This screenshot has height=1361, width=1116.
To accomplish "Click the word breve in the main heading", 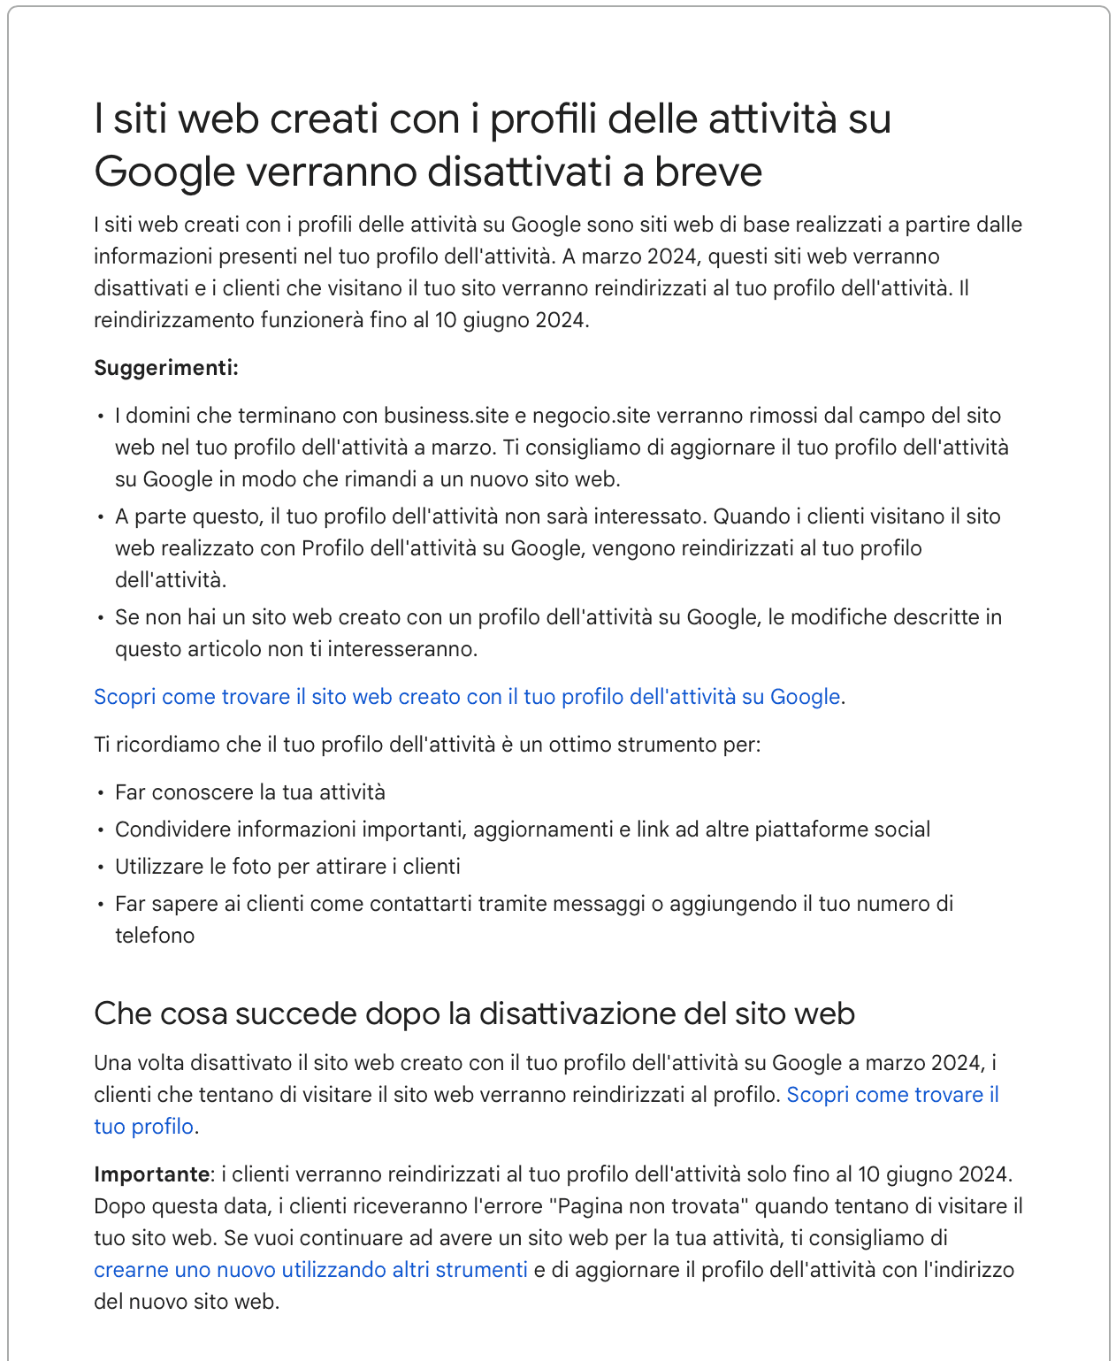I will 707,172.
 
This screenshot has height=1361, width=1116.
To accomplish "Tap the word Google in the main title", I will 164,172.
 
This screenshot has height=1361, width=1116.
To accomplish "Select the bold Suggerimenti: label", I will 166,368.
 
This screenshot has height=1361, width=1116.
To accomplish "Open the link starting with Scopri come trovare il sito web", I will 467,697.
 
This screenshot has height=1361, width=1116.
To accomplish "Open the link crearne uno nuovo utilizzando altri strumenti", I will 310,1270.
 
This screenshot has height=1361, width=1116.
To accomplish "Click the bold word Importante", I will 151,1174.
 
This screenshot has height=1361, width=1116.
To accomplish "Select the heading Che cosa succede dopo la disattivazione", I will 474,1013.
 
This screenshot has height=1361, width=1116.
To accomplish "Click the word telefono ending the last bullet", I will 155,936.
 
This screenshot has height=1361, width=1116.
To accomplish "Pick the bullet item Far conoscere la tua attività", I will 250,792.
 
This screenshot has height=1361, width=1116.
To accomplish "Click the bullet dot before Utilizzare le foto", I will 102,868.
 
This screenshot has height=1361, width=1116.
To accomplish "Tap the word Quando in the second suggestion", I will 752,516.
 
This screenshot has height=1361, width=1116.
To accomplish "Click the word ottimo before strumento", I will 579,745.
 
